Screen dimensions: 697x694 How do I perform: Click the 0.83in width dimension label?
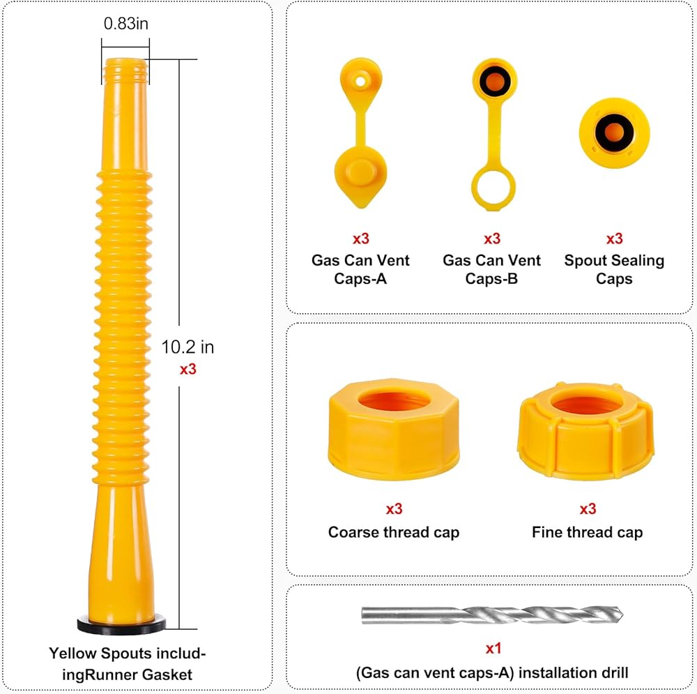(126, 24)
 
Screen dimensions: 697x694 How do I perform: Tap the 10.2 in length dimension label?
(187, 347)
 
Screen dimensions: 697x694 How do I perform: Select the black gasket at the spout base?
(122, 624)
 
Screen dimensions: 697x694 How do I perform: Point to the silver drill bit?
(491, 614)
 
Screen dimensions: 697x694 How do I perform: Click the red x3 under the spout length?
(187, 369)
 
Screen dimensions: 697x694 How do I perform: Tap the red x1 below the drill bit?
(493, 649)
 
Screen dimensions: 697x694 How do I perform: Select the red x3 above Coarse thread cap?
(395, 509)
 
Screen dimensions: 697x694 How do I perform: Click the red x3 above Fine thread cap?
(588, 509)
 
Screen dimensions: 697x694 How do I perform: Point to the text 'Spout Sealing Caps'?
(614, 269)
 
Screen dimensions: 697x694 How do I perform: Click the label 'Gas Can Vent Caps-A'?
(360, 269)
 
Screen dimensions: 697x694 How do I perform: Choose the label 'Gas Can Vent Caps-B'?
(492, 269)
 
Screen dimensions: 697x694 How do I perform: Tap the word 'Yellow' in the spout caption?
(72, 654)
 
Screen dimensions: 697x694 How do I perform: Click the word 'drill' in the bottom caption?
(611, 673)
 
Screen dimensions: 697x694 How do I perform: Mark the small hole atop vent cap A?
(360, 81)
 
